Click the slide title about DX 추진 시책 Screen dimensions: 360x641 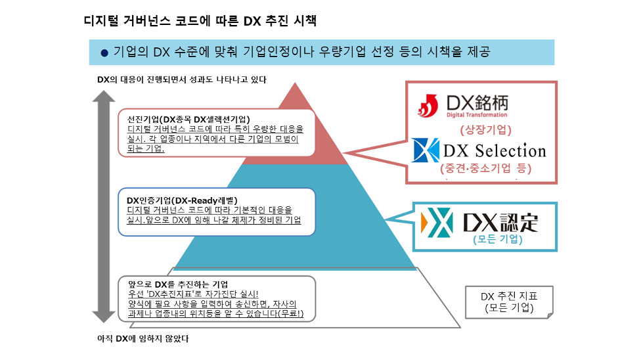[200, 20]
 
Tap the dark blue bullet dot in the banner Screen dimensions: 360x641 [104, 53]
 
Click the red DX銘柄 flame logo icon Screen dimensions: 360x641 [430, 104]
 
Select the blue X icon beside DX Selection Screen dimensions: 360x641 [425, 150]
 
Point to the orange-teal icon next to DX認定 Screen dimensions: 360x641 [437, 221]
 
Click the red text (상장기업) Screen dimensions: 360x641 [485, 129]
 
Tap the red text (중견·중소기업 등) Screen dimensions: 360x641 [486, 168]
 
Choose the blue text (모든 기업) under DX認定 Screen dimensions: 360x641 [497, 240]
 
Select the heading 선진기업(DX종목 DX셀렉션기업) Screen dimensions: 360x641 [188, 119]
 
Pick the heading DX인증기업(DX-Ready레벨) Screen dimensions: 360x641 [182, 200]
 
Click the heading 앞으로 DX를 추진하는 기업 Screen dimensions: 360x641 [179, 284]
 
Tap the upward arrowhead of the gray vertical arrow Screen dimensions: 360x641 [103, 98]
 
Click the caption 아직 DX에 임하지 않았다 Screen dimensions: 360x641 [143, 339]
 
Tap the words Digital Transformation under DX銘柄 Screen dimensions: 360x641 [478, 115]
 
